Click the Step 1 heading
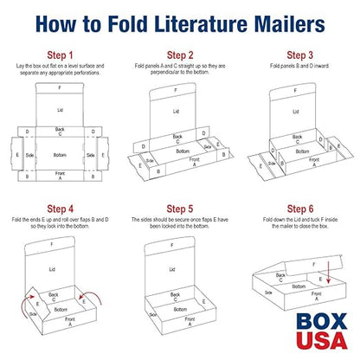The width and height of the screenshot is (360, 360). click(x=60, y=55)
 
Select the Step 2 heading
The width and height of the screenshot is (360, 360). click(x=180, y=55)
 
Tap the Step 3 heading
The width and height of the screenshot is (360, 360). click(x=299, y=55)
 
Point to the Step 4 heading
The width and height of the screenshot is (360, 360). click(x=60, y=209)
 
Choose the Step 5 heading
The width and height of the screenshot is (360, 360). click(x=180, y=209)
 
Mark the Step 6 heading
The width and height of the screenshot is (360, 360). click(x=299, y=209)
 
